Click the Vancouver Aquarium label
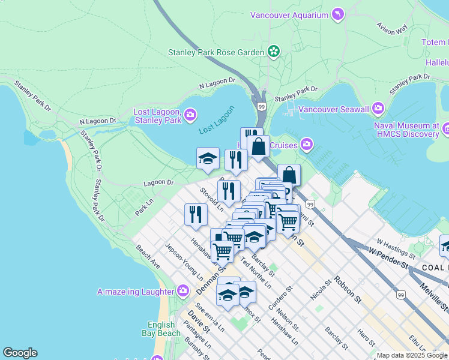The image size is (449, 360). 289,15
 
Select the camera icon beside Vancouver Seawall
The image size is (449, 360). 378,109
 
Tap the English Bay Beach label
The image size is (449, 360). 160,329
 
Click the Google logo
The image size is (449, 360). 20,353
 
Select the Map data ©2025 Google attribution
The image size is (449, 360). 412,355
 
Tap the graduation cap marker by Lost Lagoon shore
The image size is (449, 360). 208,159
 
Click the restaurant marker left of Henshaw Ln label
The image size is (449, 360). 196,215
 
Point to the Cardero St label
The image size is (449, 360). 280,298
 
